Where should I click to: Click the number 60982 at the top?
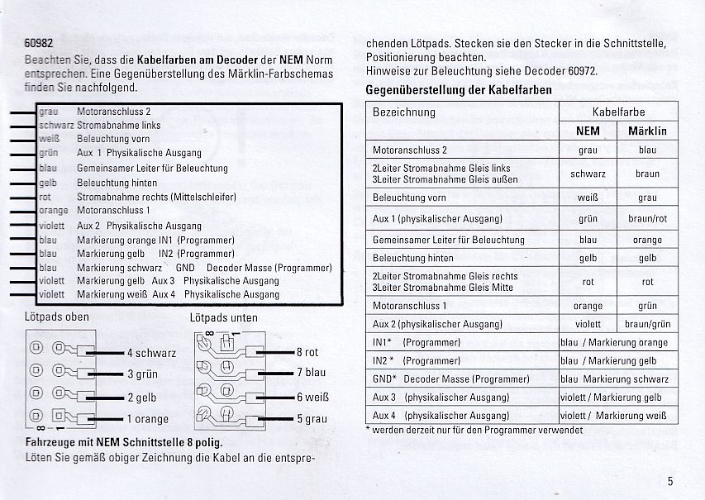point(39,45)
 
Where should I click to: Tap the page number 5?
point(669,481)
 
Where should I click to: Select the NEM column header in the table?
point(588,131)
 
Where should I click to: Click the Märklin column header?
point(647,131)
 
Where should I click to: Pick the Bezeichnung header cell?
point(404,112)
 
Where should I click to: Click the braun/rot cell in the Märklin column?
point(647,219)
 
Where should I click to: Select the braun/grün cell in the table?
point(647,325)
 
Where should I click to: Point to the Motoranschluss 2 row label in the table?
point(410,150)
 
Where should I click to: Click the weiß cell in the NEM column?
point(588,198)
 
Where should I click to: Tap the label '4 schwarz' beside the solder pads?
point(151,353)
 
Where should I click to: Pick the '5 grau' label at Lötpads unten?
point(312,419)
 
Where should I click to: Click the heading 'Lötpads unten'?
point(223,317)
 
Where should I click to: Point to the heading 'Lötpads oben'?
point(57,316)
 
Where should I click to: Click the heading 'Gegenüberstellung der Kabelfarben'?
point(459,89)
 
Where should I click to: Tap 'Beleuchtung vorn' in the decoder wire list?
point(113,139)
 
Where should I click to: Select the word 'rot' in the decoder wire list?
point(45,197)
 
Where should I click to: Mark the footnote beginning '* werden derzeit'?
point(474,430)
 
